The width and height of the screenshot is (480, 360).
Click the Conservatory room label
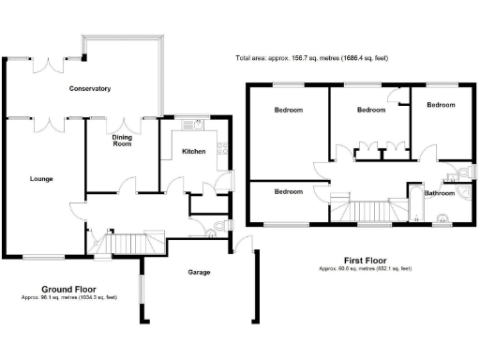90,89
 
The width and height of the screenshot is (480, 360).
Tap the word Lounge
41,177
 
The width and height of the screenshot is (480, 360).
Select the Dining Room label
122,141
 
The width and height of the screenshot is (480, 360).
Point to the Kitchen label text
193,151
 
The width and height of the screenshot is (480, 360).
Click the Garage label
198,273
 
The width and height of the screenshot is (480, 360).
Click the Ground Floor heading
69,289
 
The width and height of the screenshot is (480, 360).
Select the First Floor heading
364,260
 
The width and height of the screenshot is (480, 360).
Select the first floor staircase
367,213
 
